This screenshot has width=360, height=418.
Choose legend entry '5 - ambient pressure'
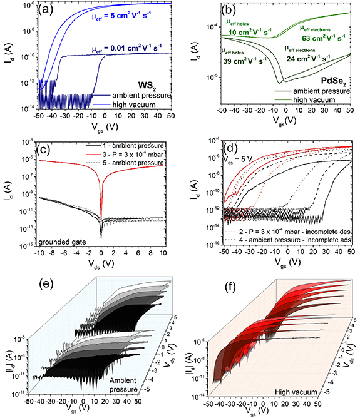132,163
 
